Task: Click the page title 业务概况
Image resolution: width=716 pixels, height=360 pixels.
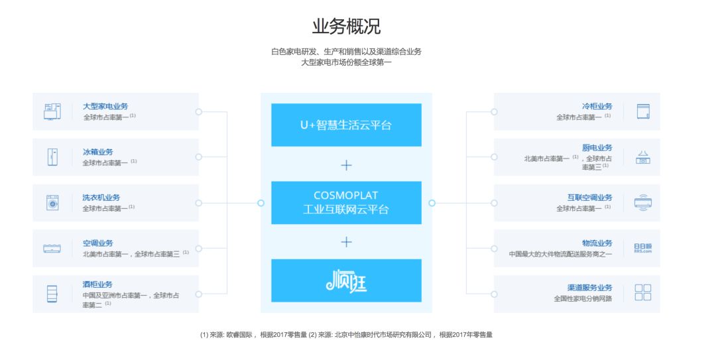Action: point(346,27)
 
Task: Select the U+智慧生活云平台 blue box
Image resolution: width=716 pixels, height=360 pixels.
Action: point(346,125)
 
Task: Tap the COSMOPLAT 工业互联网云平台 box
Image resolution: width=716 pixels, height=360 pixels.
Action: point(346,203)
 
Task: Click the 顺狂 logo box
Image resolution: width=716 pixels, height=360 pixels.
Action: point(346,281)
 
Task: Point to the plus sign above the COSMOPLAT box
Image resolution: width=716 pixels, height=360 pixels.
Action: point(346,164)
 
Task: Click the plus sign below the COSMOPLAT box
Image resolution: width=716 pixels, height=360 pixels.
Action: point(346,242)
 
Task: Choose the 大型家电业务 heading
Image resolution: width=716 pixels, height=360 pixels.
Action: point(105,106)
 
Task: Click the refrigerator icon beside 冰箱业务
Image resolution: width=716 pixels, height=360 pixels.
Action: point(52,157)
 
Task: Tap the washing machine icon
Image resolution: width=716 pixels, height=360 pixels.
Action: point(52,203)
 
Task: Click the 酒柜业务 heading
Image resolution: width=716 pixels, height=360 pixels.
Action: point(97,284)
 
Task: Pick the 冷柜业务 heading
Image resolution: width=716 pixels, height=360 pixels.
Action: point(597,106)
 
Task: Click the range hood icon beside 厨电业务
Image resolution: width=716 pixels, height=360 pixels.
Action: point(642,157)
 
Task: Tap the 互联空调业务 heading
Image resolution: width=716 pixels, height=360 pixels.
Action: point(589,198)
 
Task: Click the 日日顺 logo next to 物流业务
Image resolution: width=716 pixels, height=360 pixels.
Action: point(642,248)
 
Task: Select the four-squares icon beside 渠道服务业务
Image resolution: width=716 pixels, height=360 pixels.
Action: point(642,292)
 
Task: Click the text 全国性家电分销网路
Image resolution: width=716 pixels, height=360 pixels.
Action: point(583,299)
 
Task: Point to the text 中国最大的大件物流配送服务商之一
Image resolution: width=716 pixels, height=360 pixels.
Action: point(560,254)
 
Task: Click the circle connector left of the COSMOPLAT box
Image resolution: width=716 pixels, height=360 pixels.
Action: point(261,203)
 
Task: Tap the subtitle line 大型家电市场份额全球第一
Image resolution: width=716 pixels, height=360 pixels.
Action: point(346,62)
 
